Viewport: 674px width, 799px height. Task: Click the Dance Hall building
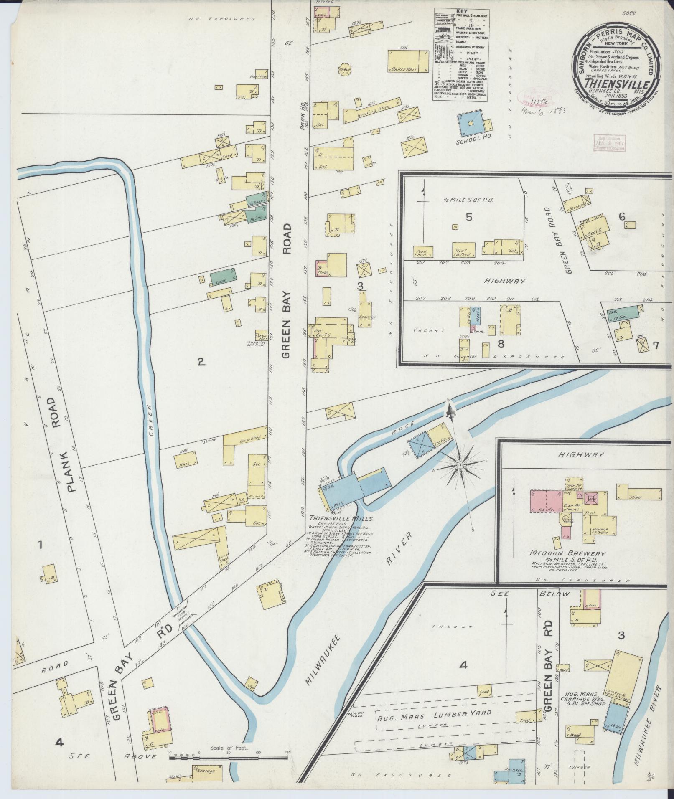coord(408,61)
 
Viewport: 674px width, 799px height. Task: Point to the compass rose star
coord(460,465)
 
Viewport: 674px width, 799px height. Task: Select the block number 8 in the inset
coord(500,344)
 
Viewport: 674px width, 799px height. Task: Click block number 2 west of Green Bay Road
coord(201,362)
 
